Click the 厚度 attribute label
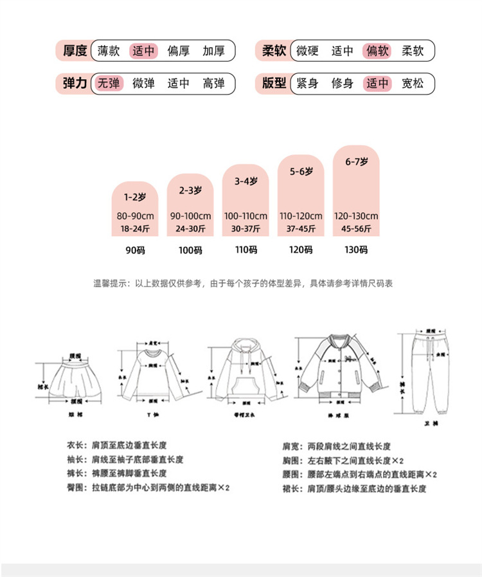pos(75,50)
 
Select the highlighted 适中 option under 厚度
pos(143,50)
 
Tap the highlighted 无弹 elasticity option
pos(108,83)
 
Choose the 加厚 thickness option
pos(213,50)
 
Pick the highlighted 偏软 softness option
pos(377,50)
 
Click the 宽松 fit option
pos(413,83)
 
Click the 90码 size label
pos(135,250)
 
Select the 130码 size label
pos(355,250)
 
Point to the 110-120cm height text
pos(301,216)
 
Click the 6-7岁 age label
pos(355,161)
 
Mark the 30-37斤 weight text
pos(245,228)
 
